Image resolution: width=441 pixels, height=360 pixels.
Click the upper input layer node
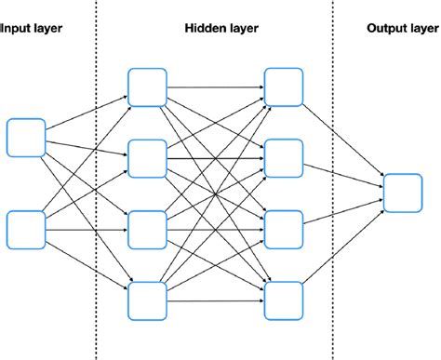coord(25,137)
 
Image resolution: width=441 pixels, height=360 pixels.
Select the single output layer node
coord(404,193)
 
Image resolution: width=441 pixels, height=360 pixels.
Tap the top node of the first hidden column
coord(146,87)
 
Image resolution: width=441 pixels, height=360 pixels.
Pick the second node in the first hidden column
coord(146,158)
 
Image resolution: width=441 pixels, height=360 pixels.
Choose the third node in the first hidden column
coord(146,229)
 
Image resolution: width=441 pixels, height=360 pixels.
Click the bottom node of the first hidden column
coord(146,300)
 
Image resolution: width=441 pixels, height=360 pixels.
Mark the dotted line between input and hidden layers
coord(96,186)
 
